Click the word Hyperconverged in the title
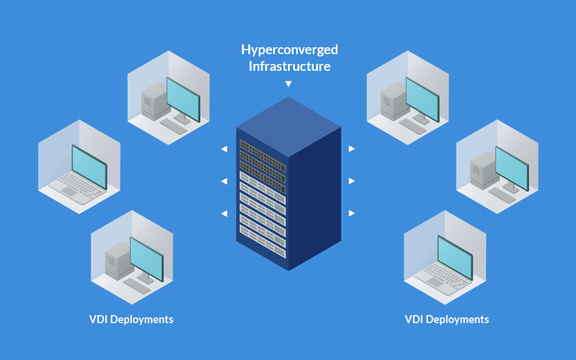click(x=290, y=50)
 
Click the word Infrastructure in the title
click(x=290, y=66)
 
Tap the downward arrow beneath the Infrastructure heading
click(x=289, y=84)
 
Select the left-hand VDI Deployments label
click(x=131, y=319)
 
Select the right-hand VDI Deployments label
click(x=447, y=319)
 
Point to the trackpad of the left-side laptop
click(x=69, y=191)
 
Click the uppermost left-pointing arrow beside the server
click(x=224, y=149)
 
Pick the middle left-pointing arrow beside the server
click(x=224, y=181)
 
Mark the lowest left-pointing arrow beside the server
click(x=224, y=214)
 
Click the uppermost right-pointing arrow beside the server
click(x=351, y=149)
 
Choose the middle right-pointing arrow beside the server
click(x=351, y=181)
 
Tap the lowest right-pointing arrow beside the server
click(x=351, y=214)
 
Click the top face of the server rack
click(x=289, y=127)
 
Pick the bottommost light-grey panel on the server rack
click(x=263, y=241)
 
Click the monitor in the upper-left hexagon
click(x=183, y=99)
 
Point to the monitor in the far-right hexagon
click(x=512, y=168)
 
